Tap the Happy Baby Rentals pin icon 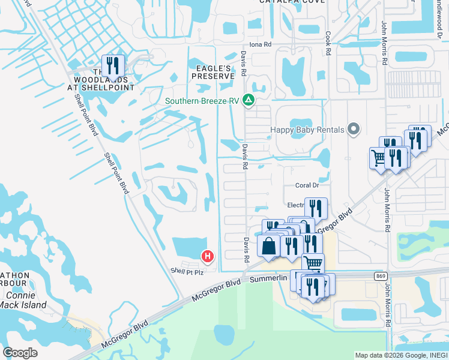pos(354,129)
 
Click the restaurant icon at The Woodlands pos(113,65)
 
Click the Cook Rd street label pos(328,44)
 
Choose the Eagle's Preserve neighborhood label pos(212,72)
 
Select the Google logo pos(20,353)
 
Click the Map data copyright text pos(401,355)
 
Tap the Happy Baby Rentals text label pos(307,130)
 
